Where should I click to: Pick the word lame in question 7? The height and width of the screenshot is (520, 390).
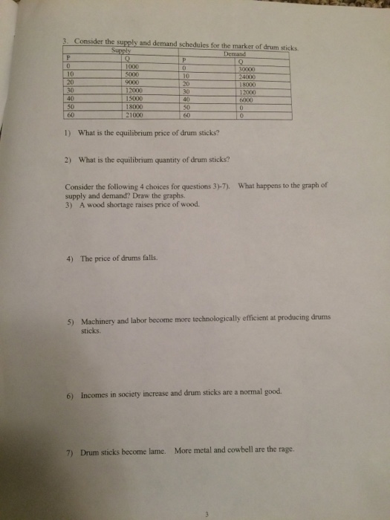155,450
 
